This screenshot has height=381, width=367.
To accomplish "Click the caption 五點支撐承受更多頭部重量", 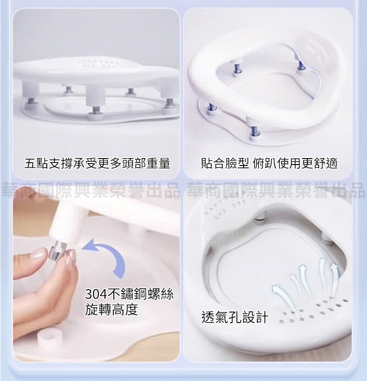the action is [97, 163].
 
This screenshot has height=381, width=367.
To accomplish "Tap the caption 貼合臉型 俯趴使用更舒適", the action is [269, 163].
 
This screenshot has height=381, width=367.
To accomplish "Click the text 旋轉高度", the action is [111, 310].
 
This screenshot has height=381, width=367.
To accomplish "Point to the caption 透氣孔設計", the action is [235, 317].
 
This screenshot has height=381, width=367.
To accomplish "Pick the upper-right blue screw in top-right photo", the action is [300, 67].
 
